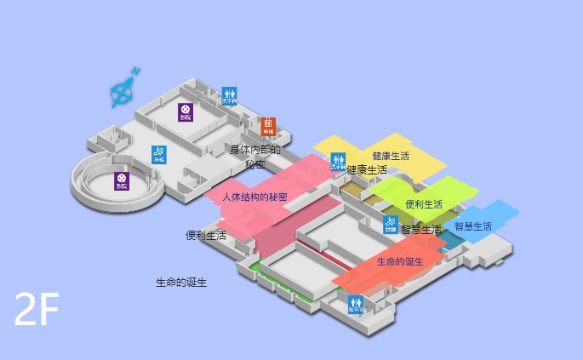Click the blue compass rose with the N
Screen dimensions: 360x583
[123, 89]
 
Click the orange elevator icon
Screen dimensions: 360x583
[268, 126]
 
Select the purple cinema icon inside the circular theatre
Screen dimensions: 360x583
[122, 180]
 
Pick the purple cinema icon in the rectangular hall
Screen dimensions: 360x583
[185, 111]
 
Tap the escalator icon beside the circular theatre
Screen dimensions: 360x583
[159, 154]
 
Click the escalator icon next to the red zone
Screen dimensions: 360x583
[390, 225]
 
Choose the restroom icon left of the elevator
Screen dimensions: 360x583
[229, 95]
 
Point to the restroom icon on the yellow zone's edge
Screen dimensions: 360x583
[338, 162]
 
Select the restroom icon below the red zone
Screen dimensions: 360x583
[356, 304]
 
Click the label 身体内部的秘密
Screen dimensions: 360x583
[254, 157]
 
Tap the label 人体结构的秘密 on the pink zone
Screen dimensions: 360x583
[254, 197]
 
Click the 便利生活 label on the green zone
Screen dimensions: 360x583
[424, 204]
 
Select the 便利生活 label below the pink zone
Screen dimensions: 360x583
[206, 235]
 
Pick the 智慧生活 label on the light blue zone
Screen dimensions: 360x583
[473, 226]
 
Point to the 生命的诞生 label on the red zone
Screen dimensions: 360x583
[400, 261]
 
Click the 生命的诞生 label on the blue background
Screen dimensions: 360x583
[181, 282]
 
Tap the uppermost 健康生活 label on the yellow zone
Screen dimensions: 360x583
[391, 156]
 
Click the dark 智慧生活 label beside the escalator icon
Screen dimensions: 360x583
[421, 229]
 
